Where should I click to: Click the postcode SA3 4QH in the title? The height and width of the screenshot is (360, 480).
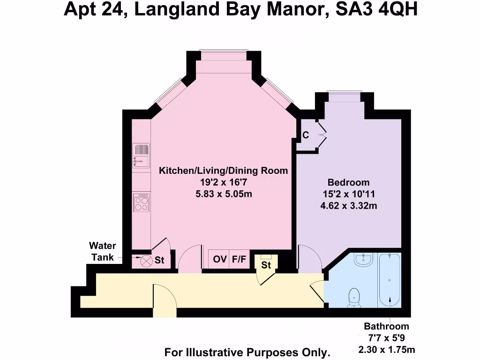click(376, 9)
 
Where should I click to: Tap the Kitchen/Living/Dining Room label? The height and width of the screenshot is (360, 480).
click(224, 171)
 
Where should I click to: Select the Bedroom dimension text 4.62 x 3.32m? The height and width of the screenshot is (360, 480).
click(348, 205)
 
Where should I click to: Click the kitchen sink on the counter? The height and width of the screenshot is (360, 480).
click(141, 155)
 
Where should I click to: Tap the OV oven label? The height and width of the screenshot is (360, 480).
click(220, 259)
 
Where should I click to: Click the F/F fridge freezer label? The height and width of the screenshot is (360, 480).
click(239, 259)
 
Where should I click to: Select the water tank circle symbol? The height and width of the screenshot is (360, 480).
click(147, 261)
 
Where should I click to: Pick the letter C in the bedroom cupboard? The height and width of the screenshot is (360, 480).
click(306, 135)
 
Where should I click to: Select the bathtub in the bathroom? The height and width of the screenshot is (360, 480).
click(389, 280)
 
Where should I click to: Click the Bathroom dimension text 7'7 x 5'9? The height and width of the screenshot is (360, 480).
click(387, 338)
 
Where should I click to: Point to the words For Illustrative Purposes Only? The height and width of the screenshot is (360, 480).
click(247, 352)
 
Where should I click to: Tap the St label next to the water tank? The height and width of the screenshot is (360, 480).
click(159, 261)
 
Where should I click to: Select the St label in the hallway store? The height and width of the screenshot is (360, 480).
click(266, 265)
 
